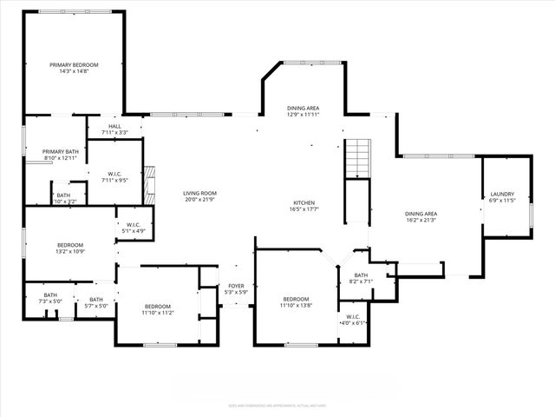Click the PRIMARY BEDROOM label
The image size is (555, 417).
pos(74,64)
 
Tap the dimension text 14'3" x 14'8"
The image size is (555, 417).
pos(74,71)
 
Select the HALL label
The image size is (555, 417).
pos(114,126)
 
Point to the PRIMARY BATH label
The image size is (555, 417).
pos(60,151)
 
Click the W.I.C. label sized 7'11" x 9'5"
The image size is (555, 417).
pos(114,175)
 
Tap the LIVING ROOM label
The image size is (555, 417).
pos(199,193)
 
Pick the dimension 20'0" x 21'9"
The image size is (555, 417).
pos(199,200)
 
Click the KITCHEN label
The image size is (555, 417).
pos(304,203)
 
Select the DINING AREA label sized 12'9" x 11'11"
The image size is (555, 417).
pos(304,108)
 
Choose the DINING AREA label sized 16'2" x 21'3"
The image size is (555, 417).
pos(421,213)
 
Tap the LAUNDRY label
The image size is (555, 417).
pos(502,194)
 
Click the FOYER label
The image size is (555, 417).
pos(236,285)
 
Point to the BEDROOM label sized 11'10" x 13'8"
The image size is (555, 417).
pos(295,298)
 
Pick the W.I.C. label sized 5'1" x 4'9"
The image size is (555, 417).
pos(134,225)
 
